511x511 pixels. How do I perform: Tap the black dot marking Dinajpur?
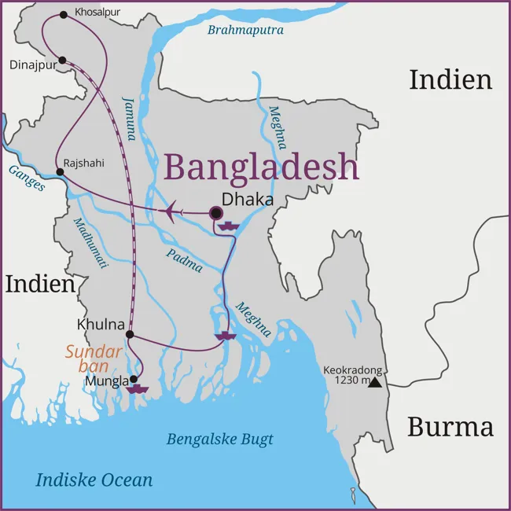tap(63, 60)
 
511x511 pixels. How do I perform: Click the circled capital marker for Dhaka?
tap(216, 212)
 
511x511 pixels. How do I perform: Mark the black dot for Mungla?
tap(133, 379)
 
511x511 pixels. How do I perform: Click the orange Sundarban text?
tap(94, 359)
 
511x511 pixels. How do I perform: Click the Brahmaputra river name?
tap(245, 31)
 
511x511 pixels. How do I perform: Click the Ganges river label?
tap(27, 179)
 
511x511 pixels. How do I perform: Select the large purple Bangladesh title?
tap(261, 167)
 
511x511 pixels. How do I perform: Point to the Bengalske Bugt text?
tap(219, 439)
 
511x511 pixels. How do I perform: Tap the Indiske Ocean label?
tap(94, 480)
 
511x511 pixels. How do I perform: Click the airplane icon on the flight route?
tap(173, 211)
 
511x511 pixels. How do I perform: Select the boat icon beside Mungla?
tap(138, 388)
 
